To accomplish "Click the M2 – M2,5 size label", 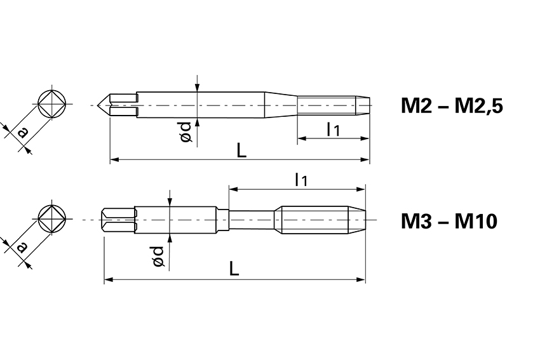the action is pos(452,105).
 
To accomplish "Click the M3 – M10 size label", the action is pos(449,221).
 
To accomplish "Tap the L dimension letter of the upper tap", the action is pos(242,150).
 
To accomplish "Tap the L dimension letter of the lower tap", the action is pos(234,269).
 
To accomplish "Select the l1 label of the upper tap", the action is pos(333,130).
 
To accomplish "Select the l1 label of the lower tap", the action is pos(300,180).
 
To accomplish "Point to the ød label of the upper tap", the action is pos(186,132).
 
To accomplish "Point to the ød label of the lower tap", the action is pos(158,256).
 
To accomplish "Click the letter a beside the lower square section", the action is pos(22,247).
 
